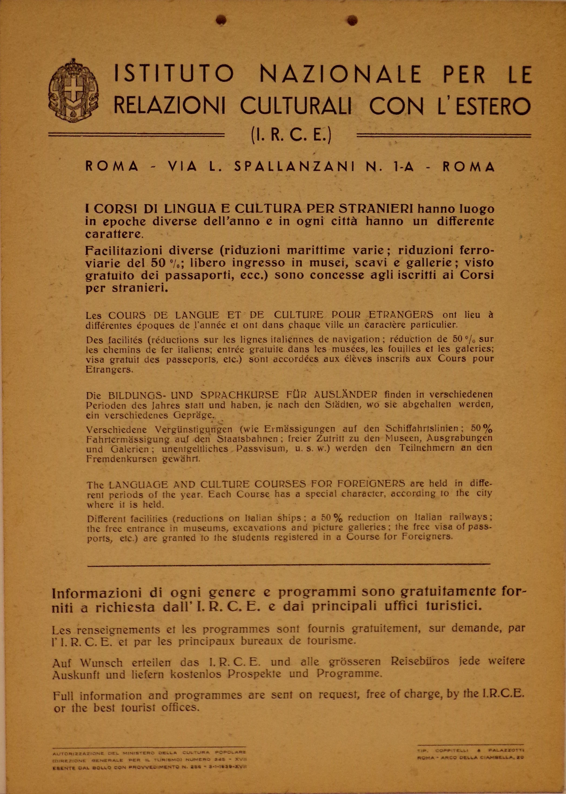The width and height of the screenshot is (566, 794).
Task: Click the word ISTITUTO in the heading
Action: (x=174, y=75)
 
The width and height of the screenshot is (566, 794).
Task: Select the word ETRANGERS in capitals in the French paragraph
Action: (x=401, y=315)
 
